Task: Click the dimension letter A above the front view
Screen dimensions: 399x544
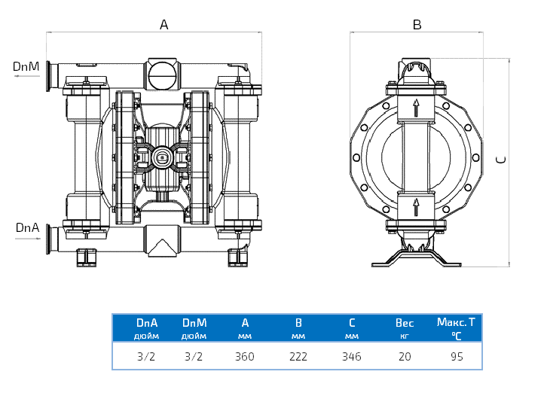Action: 164,25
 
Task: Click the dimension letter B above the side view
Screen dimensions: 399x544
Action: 417,25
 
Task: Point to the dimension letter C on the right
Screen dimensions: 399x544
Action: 501,159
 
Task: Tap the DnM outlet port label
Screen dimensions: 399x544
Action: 26,66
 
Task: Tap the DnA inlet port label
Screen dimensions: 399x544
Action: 26,227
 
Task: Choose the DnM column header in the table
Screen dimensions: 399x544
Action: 194,323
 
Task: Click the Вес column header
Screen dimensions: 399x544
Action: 405,323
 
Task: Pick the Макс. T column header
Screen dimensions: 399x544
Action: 457,322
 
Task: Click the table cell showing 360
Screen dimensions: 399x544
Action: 245,357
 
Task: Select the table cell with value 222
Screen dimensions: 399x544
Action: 298,357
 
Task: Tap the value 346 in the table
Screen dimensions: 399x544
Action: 351,357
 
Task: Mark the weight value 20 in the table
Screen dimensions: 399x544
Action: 405,357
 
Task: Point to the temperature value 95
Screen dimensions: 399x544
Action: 457,357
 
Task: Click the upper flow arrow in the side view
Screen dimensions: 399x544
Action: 415,107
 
